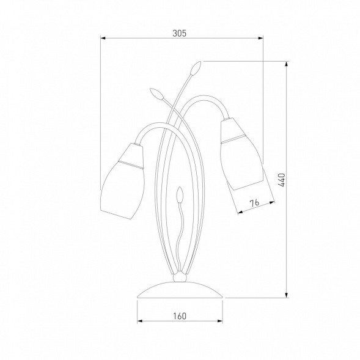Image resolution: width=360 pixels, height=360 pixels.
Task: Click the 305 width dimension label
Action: pyautogui.click(x=180, y=33)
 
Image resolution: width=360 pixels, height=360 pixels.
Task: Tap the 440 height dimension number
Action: pyautogui.click(x=282, y=180)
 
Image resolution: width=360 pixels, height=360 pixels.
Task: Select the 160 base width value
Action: pyautogui.click(x=180, y=316)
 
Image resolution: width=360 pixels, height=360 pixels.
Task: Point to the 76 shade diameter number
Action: pyautogui.click(x=254, y=203)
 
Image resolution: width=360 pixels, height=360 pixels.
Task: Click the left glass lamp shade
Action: pyautogui.click(x=123, y=182)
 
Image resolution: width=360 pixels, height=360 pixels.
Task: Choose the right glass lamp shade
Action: pyautogui.click(x=241, y=154)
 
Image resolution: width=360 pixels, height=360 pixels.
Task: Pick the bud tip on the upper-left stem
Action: pyautogui.click(x=156, y=94)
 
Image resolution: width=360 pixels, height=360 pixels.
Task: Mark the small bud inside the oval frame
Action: pyautogui.click(x=180, y=194)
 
